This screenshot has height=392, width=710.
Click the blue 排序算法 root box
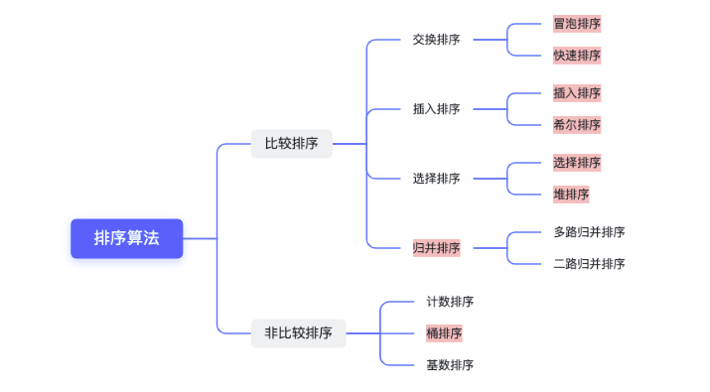click(x=126, y=238)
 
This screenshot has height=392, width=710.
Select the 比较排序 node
click(x=291, y=143)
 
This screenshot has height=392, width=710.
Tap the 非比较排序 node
click(x=298, y=332)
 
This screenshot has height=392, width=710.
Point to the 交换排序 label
click(x=436, y=40)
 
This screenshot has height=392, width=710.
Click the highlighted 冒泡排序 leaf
click(x=577, y=24)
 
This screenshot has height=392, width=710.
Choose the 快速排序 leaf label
click(x=577, y=56)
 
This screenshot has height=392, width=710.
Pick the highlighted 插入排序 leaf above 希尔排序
click(x=577, y=93)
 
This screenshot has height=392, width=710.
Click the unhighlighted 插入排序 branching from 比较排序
click(x=436, y=109)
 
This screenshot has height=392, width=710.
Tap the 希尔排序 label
click(x=577, y=125)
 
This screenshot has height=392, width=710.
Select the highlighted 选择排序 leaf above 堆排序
click(x=577, y=163)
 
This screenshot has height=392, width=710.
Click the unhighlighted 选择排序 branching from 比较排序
click(x=436, y=179)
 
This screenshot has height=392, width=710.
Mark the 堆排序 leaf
click(x=571, y=195)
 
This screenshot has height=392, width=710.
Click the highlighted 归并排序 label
click(x=437, y=248)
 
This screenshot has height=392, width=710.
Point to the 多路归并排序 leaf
click(x=589, y=232)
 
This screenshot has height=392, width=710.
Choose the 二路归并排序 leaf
click(x=589, y=264)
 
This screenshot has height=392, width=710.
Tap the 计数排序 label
click(x=450, y=302)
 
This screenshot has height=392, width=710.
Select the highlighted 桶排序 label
click(x=444, y=333)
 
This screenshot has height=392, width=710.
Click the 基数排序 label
click(x=450, y=365)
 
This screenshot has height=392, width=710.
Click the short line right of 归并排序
click(x=487, y=248)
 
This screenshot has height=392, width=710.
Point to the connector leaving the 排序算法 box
click(x=200, y=238)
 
